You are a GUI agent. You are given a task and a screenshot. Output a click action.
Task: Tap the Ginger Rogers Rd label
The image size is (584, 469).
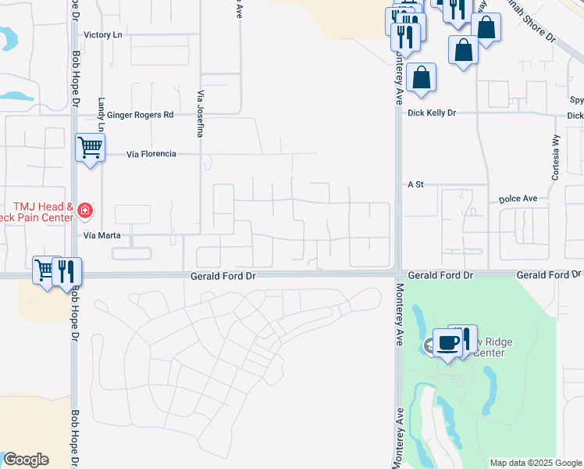point(140,115)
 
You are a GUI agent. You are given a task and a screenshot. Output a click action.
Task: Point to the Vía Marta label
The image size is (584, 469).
point(99,234)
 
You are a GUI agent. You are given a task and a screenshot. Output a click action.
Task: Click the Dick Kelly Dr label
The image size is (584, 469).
point(431,113)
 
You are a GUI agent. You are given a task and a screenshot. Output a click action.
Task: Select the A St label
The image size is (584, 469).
point(415,184)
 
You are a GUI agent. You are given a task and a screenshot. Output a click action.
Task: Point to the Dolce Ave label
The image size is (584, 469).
point(518,199)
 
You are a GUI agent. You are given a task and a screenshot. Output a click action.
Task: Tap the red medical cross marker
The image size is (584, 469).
point(85,209)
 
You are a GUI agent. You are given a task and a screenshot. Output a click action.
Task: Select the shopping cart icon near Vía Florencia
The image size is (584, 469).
point(90,146)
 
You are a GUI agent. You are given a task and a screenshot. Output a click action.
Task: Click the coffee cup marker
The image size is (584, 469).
point(447,342)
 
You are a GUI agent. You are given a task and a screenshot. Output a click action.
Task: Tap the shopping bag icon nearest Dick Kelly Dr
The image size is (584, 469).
point(421,77)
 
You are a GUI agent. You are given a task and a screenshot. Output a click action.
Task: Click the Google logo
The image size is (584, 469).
point(26,460)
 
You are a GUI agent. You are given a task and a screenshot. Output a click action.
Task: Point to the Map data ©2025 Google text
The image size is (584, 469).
point(536,463)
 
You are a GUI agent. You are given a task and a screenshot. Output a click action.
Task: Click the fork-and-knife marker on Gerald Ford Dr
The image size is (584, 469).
point(67,270)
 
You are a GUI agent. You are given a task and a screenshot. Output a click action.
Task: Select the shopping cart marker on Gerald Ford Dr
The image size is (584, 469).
point(45,270)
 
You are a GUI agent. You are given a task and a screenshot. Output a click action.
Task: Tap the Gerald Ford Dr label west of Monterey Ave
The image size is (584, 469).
point(223,276)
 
